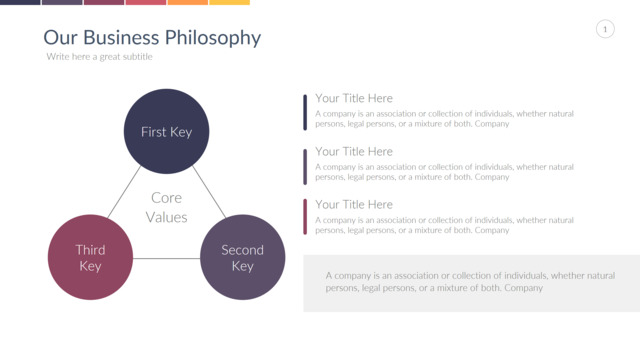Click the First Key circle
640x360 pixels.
167,131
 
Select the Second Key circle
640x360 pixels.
242,257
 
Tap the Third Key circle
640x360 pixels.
90,257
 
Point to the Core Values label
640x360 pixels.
167,207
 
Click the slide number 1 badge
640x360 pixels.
605,29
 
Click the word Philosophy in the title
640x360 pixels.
213,38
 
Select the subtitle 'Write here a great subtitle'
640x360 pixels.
99,57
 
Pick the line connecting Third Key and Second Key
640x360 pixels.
167,258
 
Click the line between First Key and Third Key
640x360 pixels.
124,191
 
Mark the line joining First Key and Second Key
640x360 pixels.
209,192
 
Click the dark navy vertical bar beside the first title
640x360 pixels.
305,112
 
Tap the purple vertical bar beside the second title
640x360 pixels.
305,167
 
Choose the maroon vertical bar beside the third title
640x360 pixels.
305,217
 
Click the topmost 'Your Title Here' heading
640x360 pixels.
353,98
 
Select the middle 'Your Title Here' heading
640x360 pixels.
353,151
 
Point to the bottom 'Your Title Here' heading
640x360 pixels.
353,204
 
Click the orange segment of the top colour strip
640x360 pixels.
188,2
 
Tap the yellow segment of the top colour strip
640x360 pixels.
229,2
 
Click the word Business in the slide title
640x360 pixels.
121,38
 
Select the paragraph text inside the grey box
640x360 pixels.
470,282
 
